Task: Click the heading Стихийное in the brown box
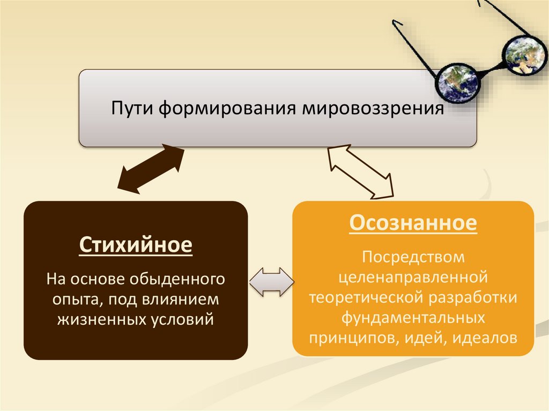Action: pyautogui.click(x=136, y=246)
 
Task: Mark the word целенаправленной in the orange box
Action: pyautogui.click(x=413, y=277)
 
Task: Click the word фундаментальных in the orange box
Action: pyautogui.click(x=413, y=317)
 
